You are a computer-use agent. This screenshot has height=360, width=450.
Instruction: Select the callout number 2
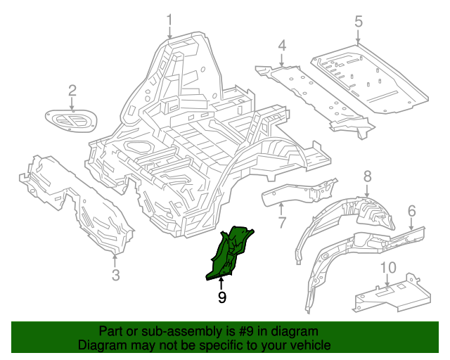pos(72,89)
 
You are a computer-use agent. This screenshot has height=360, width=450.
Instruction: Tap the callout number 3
pos(116,274)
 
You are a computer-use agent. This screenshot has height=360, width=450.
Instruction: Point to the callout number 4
pos(282,46)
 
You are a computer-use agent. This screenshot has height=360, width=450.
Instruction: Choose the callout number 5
pos(358,22)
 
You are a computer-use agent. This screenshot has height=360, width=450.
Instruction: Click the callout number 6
pos(412,210)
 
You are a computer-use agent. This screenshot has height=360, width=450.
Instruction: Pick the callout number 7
pos(281,224)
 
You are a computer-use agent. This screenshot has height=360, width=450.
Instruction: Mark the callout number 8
pos(367,176)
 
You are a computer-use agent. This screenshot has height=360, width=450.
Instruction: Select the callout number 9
pos(221,297)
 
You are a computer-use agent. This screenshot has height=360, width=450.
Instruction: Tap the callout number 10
pos(388,268)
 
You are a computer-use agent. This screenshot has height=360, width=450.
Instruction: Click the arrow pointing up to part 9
pos(221,283)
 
